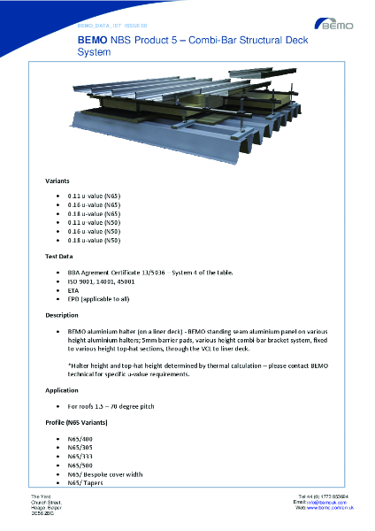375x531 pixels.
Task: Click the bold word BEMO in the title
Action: (x=92, y=41)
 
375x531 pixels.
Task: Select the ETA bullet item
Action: (x=73, y=290)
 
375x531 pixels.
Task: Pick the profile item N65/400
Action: (x=80, y=438)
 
